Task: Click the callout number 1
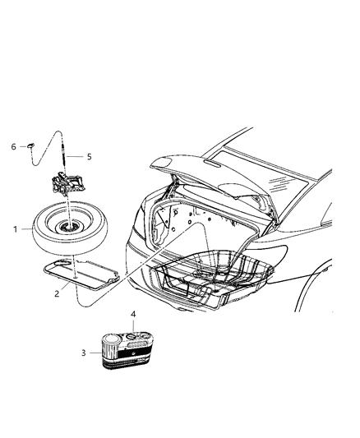click(16, 229)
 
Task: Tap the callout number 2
click(57, 293)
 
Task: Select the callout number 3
click(84, 353)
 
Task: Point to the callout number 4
click(133, 314)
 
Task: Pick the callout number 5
click(89, 157)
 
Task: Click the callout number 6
click(14, 146)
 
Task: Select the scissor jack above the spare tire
click(67, 183)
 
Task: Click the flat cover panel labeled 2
click(81, 274)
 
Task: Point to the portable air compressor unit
click(128, 350)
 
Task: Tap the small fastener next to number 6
click(30, 145)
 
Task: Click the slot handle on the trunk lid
click(214, 164)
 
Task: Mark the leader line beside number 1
click(26, 229)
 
